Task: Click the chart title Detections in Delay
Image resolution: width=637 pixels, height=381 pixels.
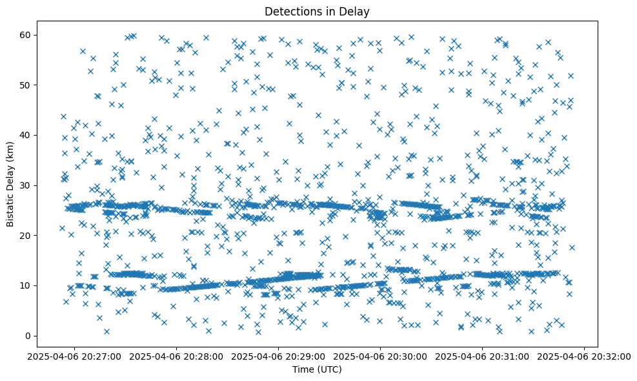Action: [317, 12]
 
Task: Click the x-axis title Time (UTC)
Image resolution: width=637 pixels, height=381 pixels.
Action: [317, 369]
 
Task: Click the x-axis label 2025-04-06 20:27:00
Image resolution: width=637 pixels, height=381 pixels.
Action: [75, 355]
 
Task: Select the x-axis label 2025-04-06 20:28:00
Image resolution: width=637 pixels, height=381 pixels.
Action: [177, 355]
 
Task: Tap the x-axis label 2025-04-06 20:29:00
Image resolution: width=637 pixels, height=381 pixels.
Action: [279, 355]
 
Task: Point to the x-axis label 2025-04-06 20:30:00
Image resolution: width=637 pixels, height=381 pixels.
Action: [380, 355]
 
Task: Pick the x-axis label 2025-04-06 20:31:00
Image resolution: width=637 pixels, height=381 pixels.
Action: [482, 355]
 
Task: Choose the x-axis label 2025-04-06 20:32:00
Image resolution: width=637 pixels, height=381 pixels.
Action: [584, 355]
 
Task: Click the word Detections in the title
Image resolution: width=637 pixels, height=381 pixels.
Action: [291, 12]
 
